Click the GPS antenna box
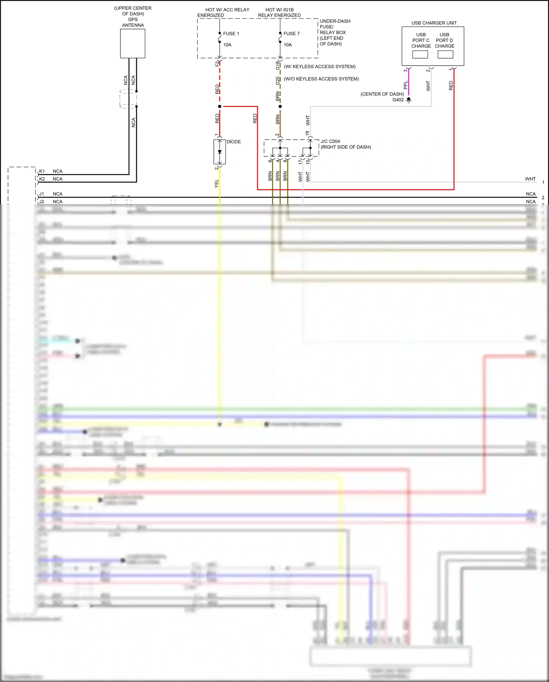click(x=132, y=43)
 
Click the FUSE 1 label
click(x=231, y=33)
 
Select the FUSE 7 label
click(x=291, y=33)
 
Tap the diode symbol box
click(x=220, y=152)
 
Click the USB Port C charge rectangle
click(x=420, y=54)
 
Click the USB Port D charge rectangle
click(x=445, y=54)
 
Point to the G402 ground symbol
click(x=409, y=100)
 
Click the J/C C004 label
click(x=330, y=141)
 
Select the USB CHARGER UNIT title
click(x=434, y=23)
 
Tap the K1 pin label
click(x=42, y=171)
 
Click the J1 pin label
click(x=42, y=194)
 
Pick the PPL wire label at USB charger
click(x=405, y=85)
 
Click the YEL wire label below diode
click(x=216, y=183)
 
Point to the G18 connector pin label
click(x=277, y=66)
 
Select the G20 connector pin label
click(x=277, y=81)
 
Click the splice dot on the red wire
click(x=220, y=106)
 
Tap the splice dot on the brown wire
click(x=280, y=106)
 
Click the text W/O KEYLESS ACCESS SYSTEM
click(x=321, y=79)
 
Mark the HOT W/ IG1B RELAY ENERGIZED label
click(x=279, y=12)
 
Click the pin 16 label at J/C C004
click(x=307, y=133)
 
